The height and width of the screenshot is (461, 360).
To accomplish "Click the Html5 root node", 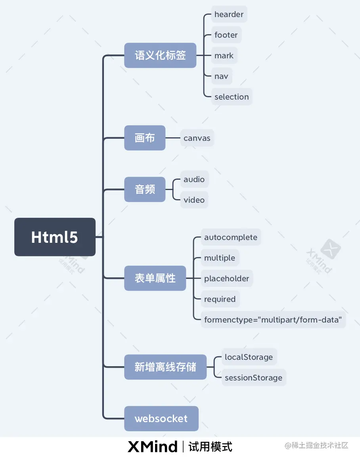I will [55, 237].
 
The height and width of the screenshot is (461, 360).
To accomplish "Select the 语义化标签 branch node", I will [160, 55].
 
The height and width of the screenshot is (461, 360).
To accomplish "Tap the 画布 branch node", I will [145, 138].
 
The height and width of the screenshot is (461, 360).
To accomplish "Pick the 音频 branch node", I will [145, 190].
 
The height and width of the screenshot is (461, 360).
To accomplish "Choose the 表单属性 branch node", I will [155, 278].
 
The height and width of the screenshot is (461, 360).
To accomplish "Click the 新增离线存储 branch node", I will [165, 367].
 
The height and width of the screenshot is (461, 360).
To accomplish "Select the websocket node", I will [161, 419].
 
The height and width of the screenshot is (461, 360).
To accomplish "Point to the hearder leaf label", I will [229, 14].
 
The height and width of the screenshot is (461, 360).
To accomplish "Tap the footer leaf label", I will [226, 35].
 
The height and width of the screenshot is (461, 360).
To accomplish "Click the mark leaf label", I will [224, 56].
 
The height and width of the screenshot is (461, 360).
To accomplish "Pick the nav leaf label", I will [221, 76].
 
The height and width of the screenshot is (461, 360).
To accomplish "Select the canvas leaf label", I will [197, 138].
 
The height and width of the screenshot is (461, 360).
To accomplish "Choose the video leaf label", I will [194, 200].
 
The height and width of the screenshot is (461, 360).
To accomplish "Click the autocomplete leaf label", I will [231, 237].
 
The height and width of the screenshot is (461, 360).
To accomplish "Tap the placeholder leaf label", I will [227, 279].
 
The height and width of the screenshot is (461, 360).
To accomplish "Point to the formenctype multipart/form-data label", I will [273, 320].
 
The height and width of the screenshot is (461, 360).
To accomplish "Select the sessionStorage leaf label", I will [253, 378].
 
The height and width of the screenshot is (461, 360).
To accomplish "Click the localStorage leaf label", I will [249, 357].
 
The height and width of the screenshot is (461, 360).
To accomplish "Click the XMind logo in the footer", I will [153, 447].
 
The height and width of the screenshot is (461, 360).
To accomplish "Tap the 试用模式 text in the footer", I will [211, 447].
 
